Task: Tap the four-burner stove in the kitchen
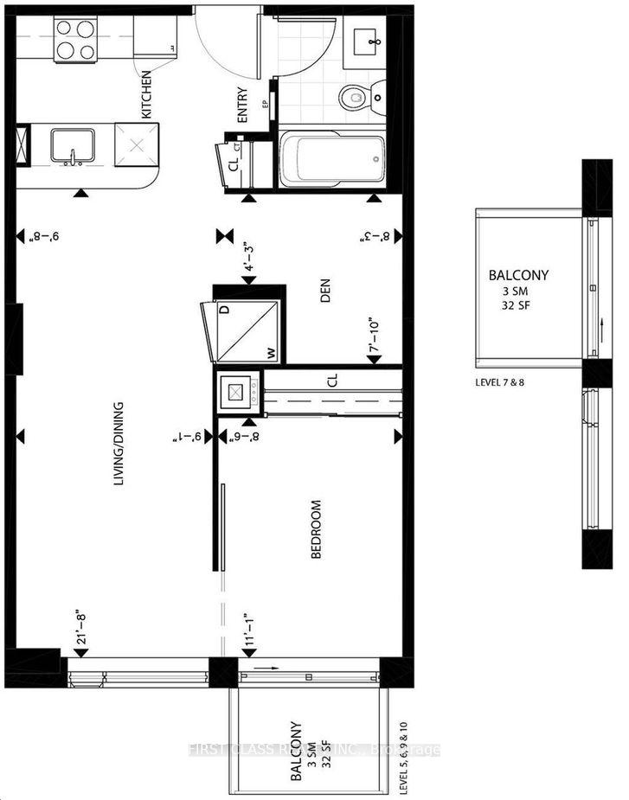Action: (75, 39)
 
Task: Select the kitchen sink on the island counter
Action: (73, 145)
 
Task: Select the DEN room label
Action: (326, 296)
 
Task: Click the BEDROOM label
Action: (316, 528)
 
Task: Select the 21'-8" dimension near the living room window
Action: (80, 629)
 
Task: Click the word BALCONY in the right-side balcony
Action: (518, 276)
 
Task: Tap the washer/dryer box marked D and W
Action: (242, 332)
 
